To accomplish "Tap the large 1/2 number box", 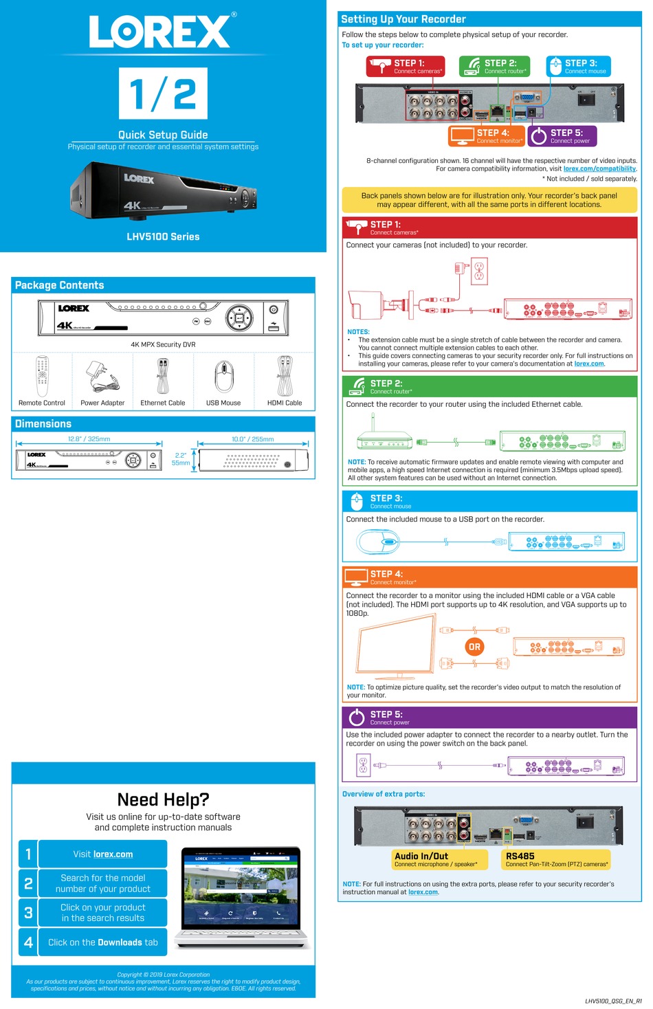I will click(163, 93).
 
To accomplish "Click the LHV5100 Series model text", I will click(163, 236).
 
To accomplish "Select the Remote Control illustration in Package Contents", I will click(42, 376).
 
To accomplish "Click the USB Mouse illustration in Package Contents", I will click(223, 376).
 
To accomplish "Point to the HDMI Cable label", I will click(284, 403).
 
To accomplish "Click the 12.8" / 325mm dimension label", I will click(89, 439).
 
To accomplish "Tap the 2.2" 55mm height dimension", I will click(181, 459).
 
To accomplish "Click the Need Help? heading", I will click(163, 799).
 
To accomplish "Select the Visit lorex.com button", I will click(102, 854).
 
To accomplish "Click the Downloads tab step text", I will click(102, 942).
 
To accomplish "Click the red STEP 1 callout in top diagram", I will click(406, 66).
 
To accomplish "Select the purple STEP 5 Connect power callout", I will click(562, 136).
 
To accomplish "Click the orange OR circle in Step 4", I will click(474, 647).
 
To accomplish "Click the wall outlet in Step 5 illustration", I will click(363, 765).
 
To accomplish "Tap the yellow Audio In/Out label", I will click(439, 859).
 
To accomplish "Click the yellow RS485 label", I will click(555, 859).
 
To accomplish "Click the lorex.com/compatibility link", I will click(599, 169).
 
